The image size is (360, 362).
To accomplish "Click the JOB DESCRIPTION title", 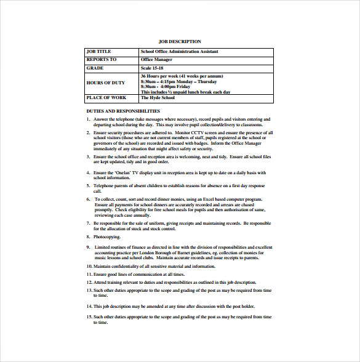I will [x=180, y=41].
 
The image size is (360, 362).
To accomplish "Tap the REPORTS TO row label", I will [x=102, y=59].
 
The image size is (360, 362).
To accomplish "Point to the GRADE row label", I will [x=95, y=68].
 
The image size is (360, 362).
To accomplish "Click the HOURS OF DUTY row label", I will [x=106, y=82].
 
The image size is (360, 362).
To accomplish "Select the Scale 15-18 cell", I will [x=153, y=68].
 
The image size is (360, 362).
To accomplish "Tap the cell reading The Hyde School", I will [x=158, y=97].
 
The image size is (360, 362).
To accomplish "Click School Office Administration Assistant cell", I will [x=179, y=51].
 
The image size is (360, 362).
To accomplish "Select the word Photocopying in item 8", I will [x=107, y=236].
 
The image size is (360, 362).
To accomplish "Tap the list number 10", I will [x=89, y=266].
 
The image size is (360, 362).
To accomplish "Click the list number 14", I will [x=89, y=305].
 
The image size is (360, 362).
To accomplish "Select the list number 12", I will [x=89, y=281].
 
